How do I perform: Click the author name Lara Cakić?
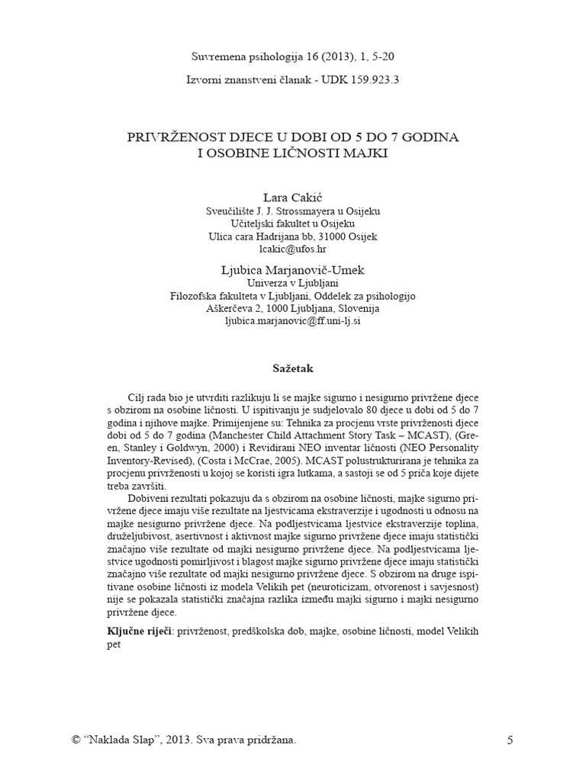tap(293, 198)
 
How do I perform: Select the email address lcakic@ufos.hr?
tap(293, 249)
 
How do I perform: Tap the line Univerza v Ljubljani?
tap(293, 282)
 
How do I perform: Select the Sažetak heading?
tap(293, 368)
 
